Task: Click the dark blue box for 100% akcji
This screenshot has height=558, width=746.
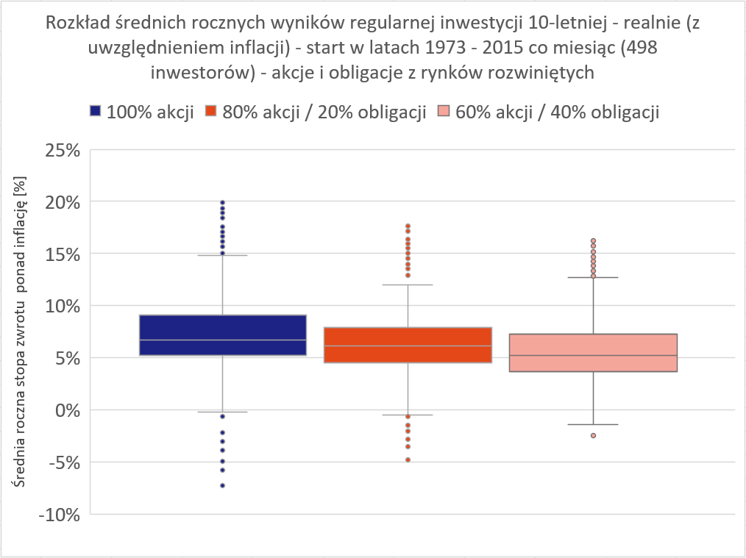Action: pos(222,335)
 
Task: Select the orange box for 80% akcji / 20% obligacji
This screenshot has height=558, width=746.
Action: pos(408,345)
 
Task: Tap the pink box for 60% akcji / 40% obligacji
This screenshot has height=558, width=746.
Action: pos(593,353)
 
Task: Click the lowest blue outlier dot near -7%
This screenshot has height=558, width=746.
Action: pos(222,485)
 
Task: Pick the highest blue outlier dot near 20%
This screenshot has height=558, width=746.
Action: pos(222,202)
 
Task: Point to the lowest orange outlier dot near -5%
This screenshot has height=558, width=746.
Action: pos(408,459)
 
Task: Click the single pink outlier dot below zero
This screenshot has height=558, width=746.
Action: pos(593,435)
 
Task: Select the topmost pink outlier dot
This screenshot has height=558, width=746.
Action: pos(593,241)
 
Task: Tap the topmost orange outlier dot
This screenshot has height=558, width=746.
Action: pos(408,226)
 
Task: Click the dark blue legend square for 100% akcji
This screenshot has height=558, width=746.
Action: pos(95,112)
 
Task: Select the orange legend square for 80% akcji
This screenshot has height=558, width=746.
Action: pos(210,112)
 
